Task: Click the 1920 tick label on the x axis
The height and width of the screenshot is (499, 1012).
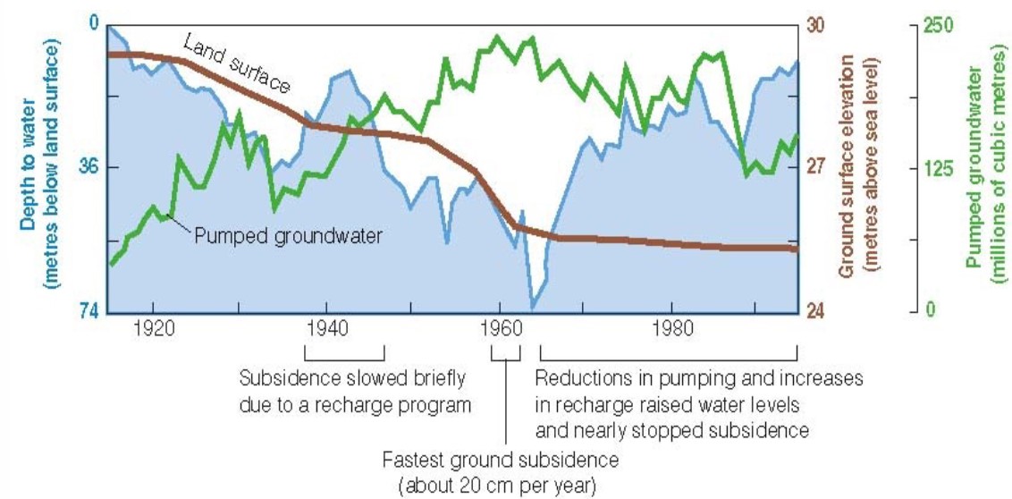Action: [153, 325]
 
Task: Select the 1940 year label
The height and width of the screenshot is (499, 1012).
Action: [325, 325]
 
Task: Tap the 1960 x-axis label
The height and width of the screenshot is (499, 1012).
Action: [499, 325]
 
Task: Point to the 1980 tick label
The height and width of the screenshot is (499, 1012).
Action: [671, 325]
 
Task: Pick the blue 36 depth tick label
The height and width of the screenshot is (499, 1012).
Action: [90, 167]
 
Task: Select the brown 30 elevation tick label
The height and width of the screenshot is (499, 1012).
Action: [816, 25]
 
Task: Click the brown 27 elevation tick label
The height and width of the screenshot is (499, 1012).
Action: [816, 167]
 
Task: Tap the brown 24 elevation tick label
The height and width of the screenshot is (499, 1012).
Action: [816, 311]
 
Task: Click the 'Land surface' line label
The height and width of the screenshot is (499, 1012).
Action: [237, 63]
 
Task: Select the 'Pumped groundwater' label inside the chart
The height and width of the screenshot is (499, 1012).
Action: [289, 236]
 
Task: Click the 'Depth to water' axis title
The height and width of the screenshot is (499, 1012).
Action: [28, 134]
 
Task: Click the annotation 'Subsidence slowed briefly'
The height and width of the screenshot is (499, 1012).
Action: [352, 379]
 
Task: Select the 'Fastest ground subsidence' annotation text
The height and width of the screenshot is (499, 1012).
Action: [500, 461]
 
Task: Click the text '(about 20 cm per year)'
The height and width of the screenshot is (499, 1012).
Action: [501, 486]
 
